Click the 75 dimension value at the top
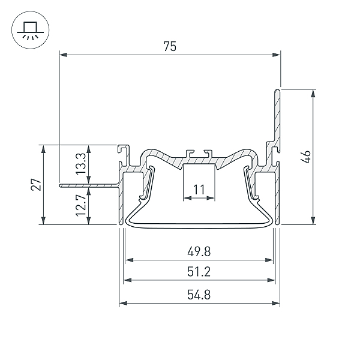170,46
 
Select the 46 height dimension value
306,157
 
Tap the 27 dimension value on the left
36,184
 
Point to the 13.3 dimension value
81,164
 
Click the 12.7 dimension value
81,205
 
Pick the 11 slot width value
199,190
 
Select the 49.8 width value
199,251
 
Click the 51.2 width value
199,272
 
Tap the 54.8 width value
199,295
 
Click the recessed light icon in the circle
31,30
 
